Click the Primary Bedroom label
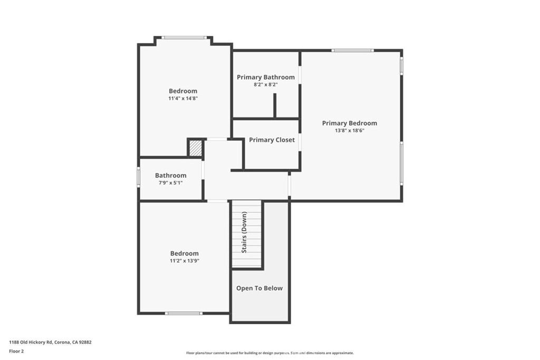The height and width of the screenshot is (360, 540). (349, 123)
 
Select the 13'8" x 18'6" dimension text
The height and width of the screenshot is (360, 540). (349, 131)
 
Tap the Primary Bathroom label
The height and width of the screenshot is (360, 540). (266, 77)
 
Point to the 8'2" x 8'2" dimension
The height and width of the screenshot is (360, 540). (266, 84)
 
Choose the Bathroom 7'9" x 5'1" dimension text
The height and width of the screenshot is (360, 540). (170, 183)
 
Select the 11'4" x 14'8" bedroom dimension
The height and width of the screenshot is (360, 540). (183, 99)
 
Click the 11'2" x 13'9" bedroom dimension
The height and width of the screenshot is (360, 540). (184, 260)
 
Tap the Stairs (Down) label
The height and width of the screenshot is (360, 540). (244, 232)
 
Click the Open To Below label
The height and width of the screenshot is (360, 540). (259, 288)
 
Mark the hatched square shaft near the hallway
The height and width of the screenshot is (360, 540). (196, 148)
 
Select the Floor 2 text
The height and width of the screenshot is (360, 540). (16, 351)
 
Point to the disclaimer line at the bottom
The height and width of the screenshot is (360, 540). (269, 353)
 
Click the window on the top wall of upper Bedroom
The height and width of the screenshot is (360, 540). (184, 37)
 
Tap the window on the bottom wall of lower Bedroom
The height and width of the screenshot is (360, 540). (184, 313)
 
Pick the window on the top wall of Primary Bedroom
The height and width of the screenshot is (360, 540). (352, 51)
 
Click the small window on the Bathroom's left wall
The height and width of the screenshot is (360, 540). (139, 178)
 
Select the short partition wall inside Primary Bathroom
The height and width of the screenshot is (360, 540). (275, 105)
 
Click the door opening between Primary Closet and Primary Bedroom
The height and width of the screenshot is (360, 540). (300, 142)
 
